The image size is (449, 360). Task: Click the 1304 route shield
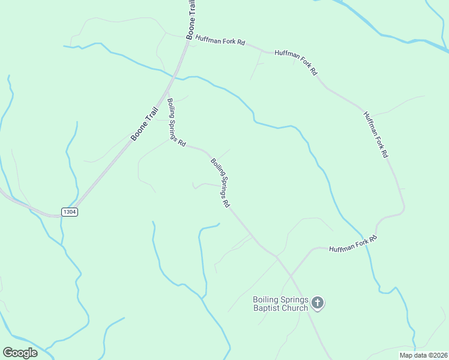tap(70, 212)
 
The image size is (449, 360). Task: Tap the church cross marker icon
tap(318, 303)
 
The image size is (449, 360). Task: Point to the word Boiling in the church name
tap(265, 300)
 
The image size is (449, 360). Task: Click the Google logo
tap(20, 353)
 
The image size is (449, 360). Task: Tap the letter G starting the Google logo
tap(8, 352)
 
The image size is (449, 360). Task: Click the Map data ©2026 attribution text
tap(422, 355)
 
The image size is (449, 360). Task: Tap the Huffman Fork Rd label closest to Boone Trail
tap(224, 42)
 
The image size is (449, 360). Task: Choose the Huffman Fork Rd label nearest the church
tap(352, 245)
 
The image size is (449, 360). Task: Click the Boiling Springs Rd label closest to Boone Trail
tap(175, 122)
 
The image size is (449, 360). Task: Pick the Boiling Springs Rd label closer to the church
tap(220, 182)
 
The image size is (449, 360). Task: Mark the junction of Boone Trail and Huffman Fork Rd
tap(188, 39)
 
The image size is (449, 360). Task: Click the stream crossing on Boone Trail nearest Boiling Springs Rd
tap(175, 76)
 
